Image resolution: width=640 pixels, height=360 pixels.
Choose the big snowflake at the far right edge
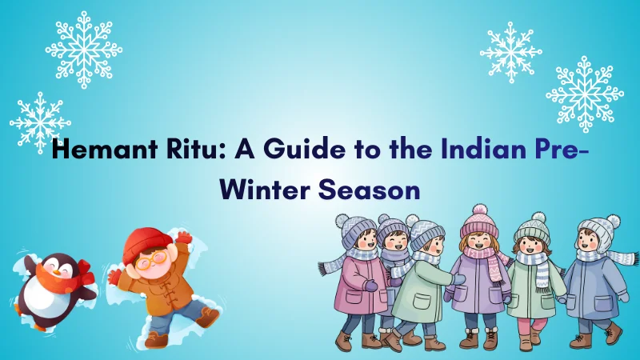point(585,94)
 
